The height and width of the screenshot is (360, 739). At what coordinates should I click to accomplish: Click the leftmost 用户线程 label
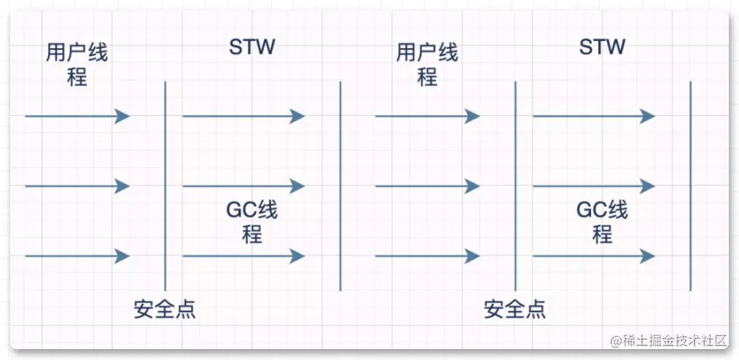pyautogui.click(x=77, y=65)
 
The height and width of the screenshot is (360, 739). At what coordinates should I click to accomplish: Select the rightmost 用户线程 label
pyautogui.click(x=427, y=65)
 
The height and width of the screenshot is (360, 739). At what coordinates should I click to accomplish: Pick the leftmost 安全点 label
pyautogui.click(x=165, y=310)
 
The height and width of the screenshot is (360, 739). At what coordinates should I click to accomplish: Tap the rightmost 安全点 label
pyautogui.click(x=515, y=310)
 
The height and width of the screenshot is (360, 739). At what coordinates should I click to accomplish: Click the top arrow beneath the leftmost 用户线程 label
pyautogui.click(x=77, y=117)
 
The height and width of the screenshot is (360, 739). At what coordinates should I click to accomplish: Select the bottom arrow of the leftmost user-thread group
pyautogui.click(x=77, y=257)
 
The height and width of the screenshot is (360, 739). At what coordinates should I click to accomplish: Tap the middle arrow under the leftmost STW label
pyautogui.click(x=243, y=187)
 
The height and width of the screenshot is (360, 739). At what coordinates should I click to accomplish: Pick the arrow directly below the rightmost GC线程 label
pyautogui.click(x=593, y=257)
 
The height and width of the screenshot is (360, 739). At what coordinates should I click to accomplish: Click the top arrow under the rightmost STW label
pyautogui.click(x=593, y=117)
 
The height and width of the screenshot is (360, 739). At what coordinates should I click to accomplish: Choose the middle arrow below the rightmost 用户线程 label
pyautogui.click(x=427, y=187)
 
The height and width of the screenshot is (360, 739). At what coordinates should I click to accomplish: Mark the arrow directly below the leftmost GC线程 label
pyautogui.click(x=243, y=257)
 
